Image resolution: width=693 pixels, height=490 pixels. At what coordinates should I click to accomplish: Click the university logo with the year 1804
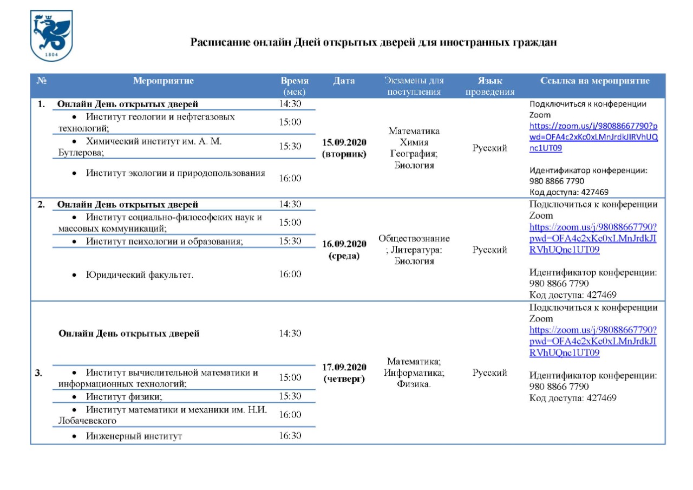(x=52, y=37)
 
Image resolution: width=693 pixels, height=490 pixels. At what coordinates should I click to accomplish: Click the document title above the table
(x=374, y=42)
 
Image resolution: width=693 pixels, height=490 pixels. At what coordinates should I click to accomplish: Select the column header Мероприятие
(x=163, y=81)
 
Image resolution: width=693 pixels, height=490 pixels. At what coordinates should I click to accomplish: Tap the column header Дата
(x=344, y=81)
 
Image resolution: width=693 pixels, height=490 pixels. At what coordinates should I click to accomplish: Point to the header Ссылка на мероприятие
(x=594, y=81)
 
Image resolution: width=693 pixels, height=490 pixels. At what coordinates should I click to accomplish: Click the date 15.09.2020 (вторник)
(x=344, y=148)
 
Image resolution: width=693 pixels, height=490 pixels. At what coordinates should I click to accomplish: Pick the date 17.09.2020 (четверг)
(x=344, y=373)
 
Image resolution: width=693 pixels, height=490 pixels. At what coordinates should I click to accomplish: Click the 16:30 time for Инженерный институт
(x=290, y=436)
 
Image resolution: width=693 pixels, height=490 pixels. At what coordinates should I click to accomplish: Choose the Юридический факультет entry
(x=140, y=275)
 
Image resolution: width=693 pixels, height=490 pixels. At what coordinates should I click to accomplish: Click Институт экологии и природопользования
(x=175, y=173)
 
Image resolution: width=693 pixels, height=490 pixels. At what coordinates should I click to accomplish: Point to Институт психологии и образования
(x=164, y=241)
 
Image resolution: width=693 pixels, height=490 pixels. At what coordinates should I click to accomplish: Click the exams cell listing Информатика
(x=414, y=373)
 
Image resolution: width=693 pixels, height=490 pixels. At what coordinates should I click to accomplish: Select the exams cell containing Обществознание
(x=414, y=250)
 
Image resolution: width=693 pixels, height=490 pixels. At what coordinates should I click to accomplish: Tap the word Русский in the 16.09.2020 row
(x=489, y=250)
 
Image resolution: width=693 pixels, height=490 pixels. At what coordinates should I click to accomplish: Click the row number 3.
(x=39, y=373)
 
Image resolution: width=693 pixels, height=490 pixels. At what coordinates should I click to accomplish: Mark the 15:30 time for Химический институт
(x=290, y=146)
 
